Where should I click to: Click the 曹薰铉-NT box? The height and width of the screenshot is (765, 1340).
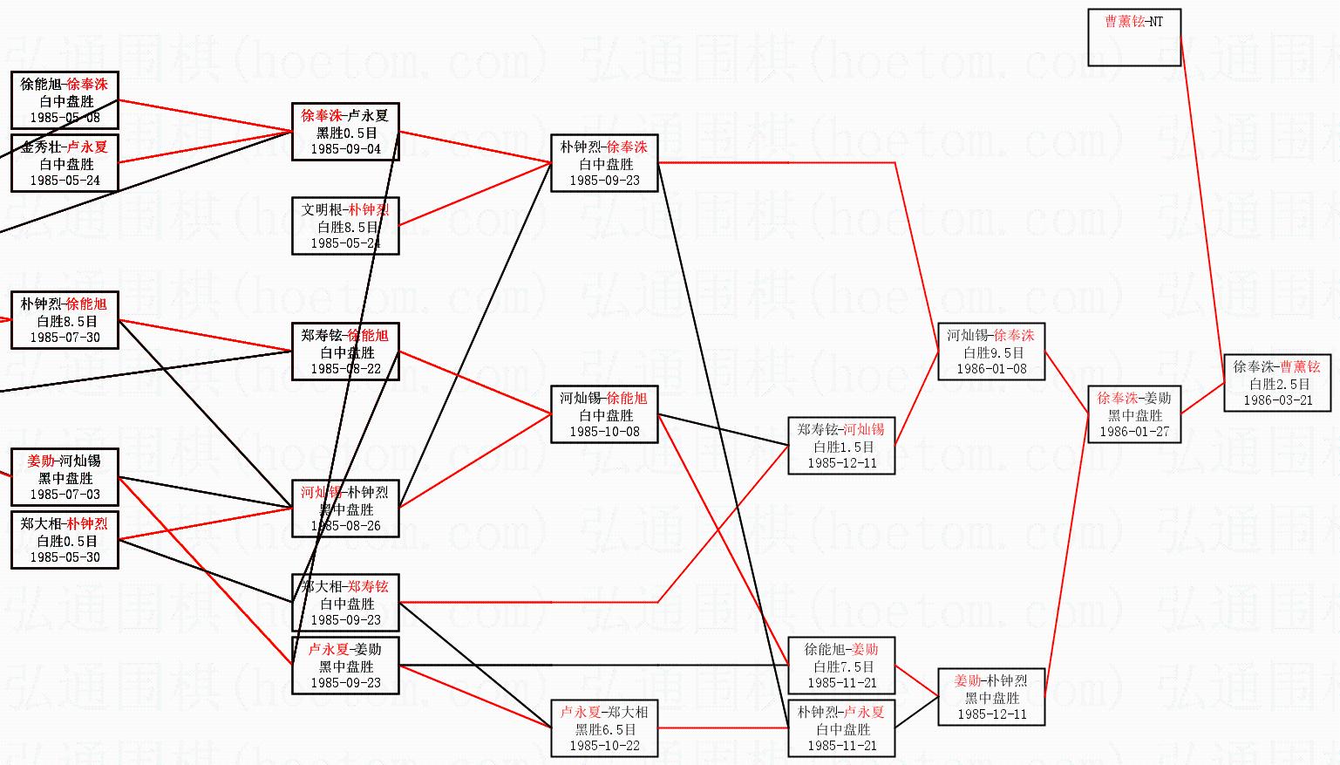pyautogui.click(x=1134, y=38)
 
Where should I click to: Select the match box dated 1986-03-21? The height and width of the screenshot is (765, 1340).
pyautogui.click(x=1276, y=383)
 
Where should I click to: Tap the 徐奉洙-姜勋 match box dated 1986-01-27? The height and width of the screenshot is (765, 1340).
pyautogui.click(x=1134, y=414)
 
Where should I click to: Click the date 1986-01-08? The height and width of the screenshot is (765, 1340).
pyautogui.click(x=991, y=369)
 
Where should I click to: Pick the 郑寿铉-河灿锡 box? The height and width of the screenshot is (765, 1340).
pyautogui.click(x=841, y=446)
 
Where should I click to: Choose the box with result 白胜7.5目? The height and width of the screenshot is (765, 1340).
pyautogui.click(x=841, y=666)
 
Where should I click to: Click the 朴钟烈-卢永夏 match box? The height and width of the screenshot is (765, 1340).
pyautogui.click(x=841, y=727)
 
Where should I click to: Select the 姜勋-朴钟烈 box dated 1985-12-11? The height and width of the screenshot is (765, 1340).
pyautogui.click(x=991, y=697)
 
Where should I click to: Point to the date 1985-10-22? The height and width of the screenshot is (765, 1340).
pyautogui.click(x=604, y=746)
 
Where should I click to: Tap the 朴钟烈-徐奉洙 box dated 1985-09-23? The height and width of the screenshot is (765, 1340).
pyautogui.click(x=604, y=163)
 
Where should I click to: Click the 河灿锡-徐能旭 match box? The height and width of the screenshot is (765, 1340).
pyautogui.click(x=604, y=414)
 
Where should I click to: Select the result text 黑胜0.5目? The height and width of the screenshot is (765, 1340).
pyautogui.click(x=346, y=133)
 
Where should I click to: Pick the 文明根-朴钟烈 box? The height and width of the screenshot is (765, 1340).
pyautogui.click(x=345, y=226)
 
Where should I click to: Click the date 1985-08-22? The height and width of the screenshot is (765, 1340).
pyautogui.click(x=346, y=369)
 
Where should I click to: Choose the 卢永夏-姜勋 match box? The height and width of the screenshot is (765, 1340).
pyautogui.click(x=345, y=666)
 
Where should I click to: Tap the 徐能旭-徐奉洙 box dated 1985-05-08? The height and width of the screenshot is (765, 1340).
pyautogui.click(x=65, y=100)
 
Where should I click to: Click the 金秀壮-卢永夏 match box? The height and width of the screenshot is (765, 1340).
pyautogui.click(x=65, y=163)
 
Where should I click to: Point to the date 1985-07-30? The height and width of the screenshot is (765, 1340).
pyautogui.click(x=65, y=338)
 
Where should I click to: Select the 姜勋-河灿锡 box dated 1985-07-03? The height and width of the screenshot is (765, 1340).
pyautogui.click(x=65, y=477)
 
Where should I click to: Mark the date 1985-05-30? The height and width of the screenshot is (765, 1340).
pyautogui.click(x=65, y=557)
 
